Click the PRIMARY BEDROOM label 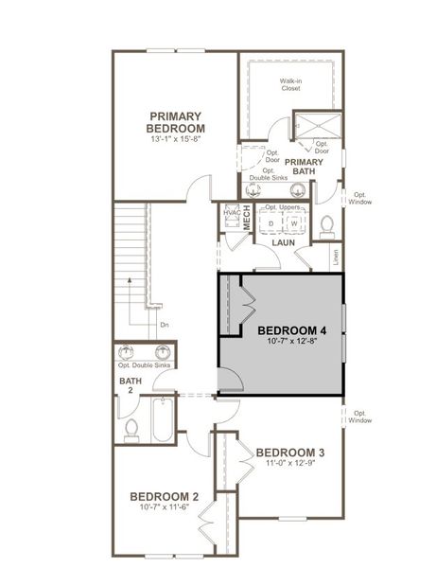click(x=177, y=121)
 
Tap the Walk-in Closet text click(x=291, y=86)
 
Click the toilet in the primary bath click(x=327, y=224)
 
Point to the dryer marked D click(x=271, y=223)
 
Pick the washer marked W click(x=294, y=223)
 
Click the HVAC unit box click(x=229, y=213)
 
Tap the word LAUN click(x=284, y=243)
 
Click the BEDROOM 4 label click(x=292, y=330)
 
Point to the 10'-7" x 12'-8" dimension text click(x=292, y=343)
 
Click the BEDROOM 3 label click(x=290, y=452)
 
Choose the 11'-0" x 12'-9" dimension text click(x=290, y=464)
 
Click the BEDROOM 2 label click(x=165, y=497)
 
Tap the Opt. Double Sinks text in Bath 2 click(x=144, y=364)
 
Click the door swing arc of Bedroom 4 click(x=229, y=380)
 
